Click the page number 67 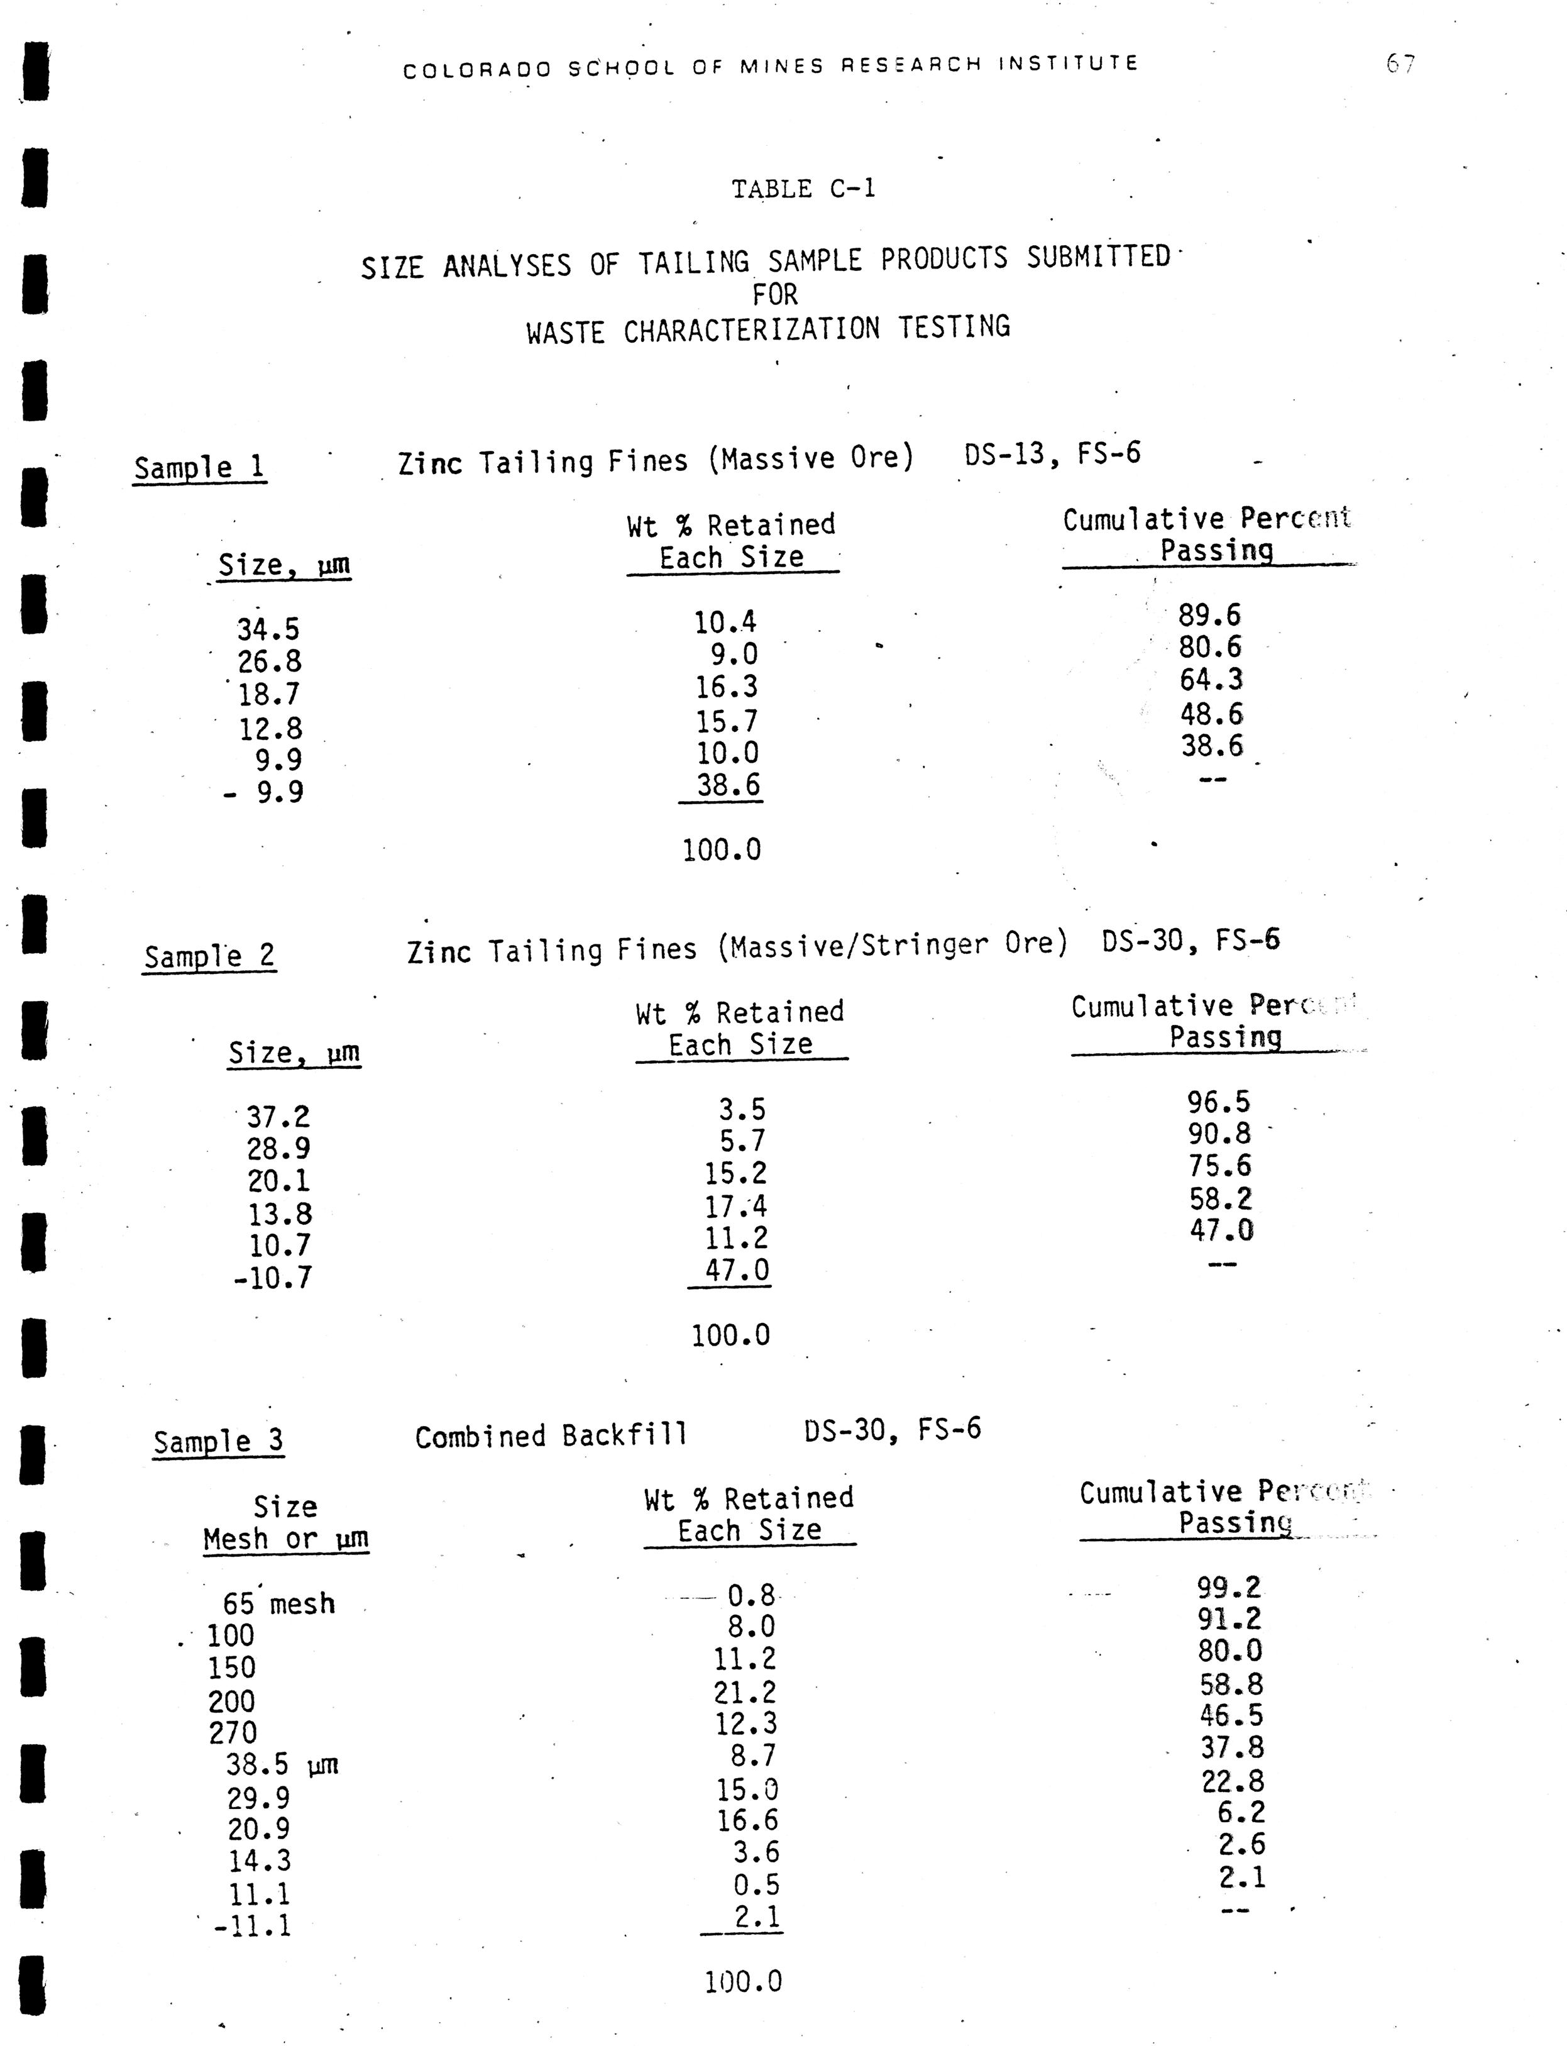pos(1400,64)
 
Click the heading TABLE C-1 pos(803,189)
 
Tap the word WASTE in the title pos(564,332)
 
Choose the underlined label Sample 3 pos(218,1442)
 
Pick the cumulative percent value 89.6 pos(1210,616)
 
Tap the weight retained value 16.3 pos(727,688)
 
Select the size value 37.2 pos(278,1117)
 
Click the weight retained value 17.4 pos(736,1207)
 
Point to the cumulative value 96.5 pos(1218,1103)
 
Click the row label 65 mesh pos(278,1604)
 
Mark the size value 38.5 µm pos(282,1764)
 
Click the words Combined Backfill pos(551,1437)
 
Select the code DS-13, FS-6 pos(1052,455)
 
